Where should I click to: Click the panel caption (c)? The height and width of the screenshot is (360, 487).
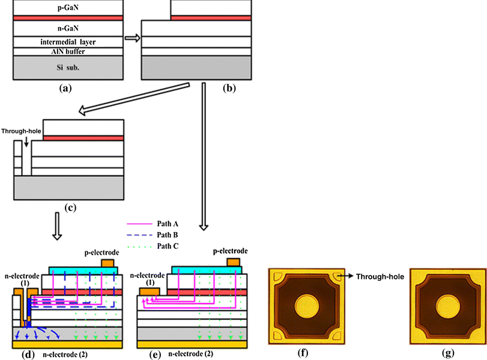[x=69, y=208]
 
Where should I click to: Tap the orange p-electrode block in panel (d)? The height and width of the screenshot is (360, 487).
[x=108, y=263]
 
